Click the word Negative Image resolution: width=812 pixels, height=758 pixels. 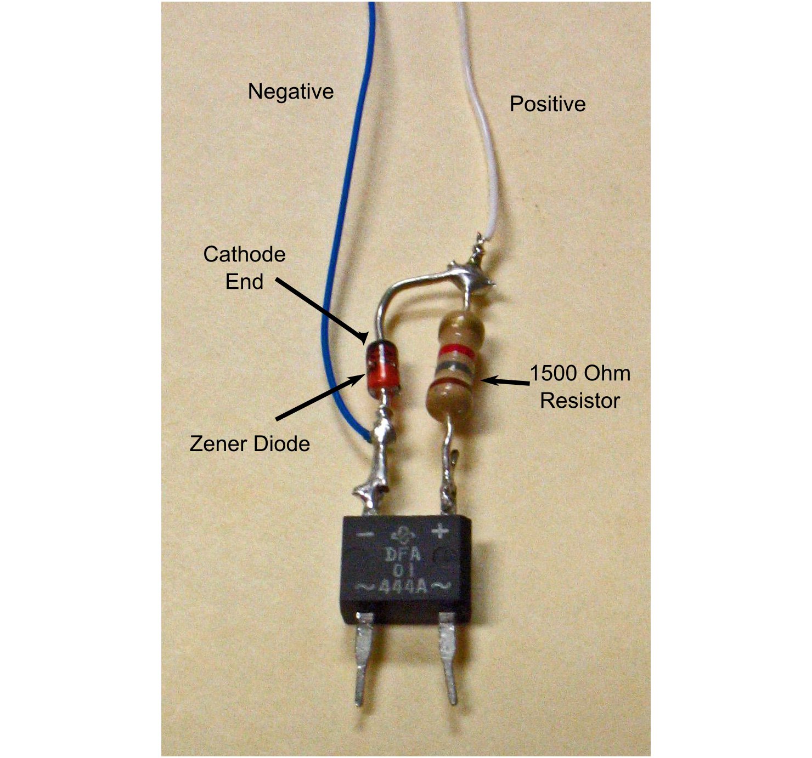[290, 92]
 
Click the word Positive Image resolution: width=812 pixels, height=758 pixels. [547, 104]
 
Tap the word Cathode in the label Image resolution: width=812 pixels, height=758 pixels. [244, 254]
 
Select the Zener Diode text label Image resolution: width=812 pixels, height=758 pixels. [250, 443]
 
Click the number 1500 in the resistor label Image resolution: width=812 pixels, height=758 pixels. [554, 374]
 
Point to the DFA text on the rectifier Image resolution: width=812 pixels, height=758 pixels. [403, 555]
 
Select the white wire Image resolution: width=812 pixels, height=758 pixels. [488, 137]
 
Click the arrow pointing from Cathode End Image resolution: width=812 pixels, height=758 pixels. [321, 310]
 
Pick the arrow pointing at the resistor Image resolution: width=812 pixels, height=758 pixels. [507, 381]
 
